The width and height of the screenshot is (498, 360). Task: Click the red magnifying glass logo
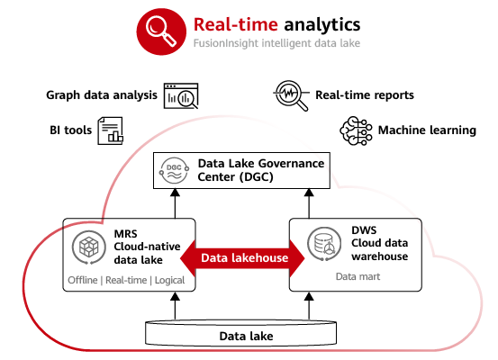tap(161, 31)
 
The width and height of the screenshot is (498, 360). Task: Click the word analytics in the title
tap(322, 25)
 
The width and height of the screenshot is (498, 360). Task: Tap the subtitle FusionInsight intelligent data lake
tap(276, 43)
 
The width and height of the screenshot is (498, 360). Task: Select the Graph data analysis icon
tap(181, 95)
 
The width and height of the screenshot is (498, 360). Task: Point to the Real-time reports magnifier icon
tap(291, 95)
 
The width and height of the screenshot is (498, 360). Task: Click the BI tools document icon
tap(110, 130)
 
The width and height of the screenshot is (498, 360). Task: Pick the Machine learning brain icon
tap(356, 130)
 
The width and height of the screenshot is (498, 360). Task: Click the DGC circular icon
tap(175, 170)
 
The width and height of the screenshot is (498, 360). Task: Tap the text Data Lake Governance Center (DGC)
tap(261, 170)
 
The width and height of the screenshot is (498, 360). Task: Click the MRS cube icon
tap(88, 247)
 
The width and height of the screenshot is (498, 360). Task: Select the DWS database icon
tap(324, 244)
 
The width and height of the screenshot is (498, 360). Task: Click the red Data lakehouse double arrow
tap(242, 257)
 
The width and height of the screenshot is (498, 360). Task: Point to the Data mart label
tap(358, 276)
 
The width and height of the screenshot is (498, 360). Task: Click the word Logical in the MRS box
tap(169, 280)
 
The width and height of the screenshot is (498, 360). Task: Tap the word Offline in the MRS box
tap(83, 280)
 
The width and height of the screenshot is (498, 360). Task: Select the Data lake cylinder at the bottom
tap(240, 333)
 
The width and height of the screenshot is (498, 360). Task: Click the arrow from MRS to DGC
tap(175, 203)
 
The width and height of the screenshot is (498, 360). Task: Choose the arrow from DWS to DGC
tap(309, 203)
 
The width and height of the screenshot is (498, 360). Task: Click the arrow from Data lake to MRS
tap(175, 306)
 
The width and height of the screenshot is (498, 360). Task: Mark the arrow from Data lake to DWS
tap(309, 306)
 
